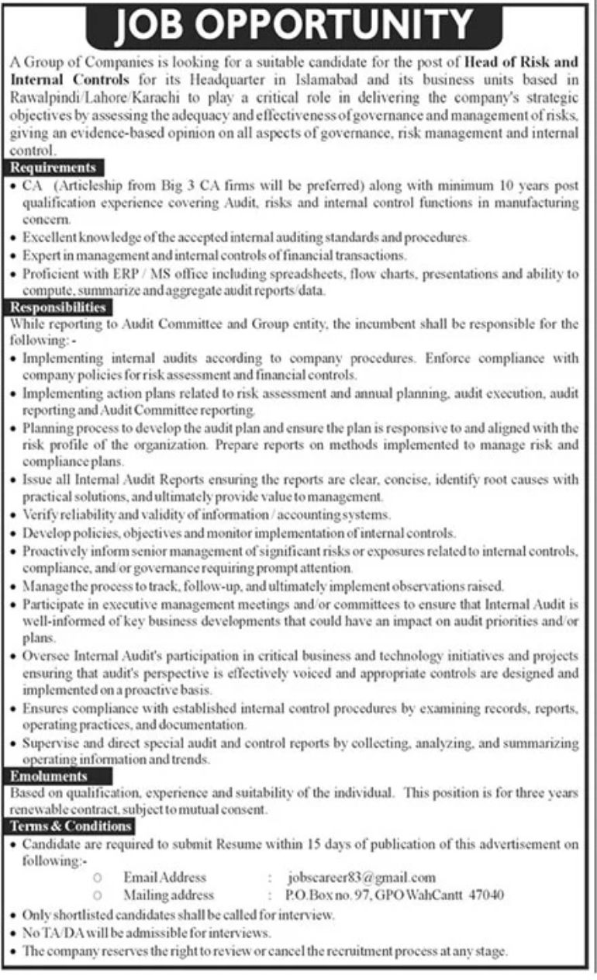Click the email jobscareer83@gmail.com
pos(361,878)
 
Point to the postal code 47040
pos(486,895)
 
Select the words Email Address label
pos(165,878)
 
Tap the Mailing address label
pos(169,895)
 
